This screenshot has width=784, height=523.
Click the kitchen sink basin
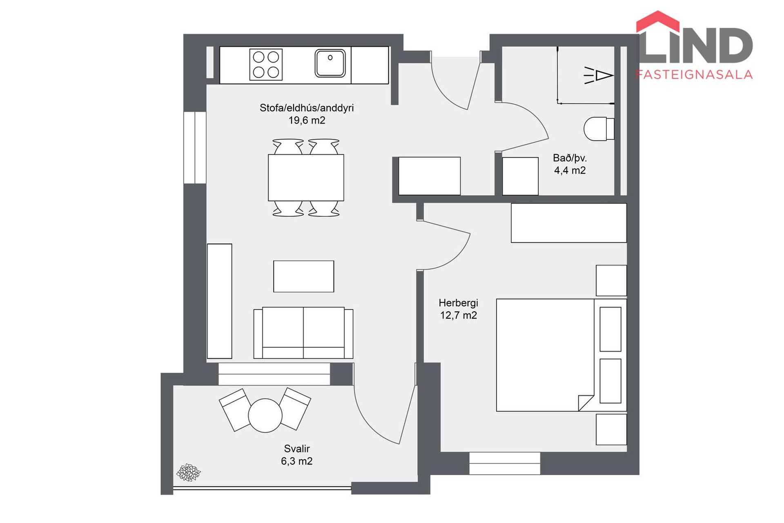(x=330, y=63)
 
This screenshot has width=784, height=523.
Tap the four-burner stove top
(x=266, y=65)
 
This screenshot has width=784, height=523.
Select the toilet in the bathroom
(x=599, y=129)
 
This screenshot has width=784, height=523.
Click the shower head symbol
(x=599, y=76)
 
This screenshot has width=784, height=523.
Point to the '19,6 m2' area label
(x=307, y=121)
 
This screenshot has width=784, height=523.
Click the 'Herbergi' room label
(x=458, y=303)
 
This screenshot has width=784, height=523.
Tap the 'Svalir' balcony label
(x=297, y=449)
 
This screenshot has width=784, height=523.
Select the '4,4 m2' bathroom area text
(x=570, y=170)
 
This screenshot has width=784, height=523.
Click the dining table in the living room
(x=306, y=177)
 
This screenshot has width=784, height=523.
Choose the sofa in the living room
(x=303, y=333)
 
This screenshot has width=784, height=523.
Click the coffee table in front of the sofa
(x=303, y=276)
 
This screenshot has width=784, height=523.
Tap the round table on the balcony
(x=265, y=415)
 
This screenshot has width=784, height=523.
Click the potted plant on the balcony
(x=188, y=472)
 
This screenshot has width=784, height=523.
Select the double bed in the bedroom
(x=561, y=355)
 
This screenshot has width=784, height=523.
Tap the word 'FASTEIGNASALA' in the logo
(x=694, y=74)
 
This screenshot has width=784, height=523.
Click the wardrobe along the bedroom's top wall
(x=568, y=223)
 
